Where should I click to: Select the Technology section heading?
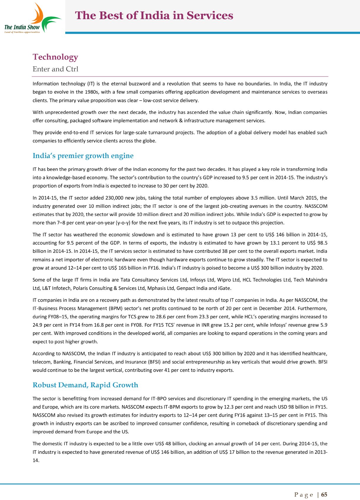click(55, 57)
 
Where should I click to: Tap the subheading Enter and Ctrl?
click(55, 69)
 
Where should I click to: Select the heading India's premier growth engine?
click(83, 156)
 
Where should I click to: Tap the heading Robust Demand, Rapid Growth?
click(85, 385)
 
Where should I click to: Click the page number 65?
click(324, 495)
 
